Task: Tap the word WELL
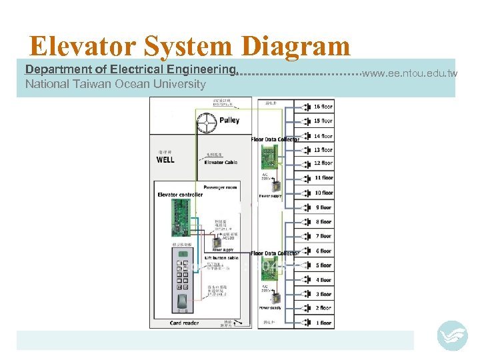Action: click(165, 159)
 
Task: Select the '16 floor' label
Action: click(323, 107)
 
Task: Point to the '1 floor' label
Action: click(323, 323)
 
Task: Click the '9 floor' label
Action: click(323, 207)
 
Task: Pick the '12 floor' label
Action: click(323, 163)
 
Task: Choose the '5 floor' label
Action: click(323, 265)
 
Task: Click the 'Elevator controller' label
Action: click(179, 195)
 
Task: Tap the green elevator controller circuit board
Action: click(181, 218)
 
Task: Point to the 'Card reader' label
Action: click(184, 323)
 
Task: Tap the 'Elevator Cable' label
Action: click(220, 163)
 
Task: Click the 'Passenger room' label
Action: click(220, 187)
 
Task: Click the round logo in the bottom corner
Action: click(452, 335)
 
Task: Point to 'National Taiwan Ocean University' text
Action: click(115, 84)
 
